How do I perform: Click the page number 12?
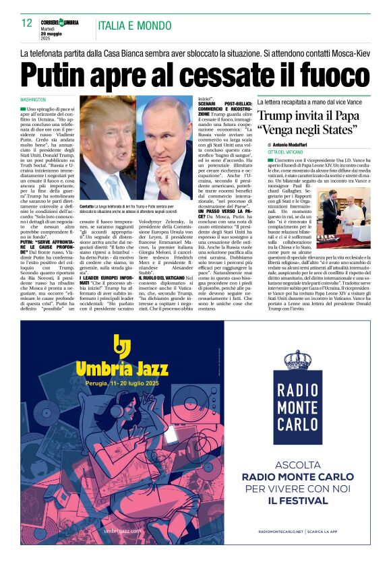point(27,23)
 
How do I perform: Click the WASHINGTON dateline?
point(33,99)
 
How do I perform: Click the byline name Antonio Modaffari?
point(295,145)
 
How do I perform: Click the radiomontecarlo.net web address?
point(281,532)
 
